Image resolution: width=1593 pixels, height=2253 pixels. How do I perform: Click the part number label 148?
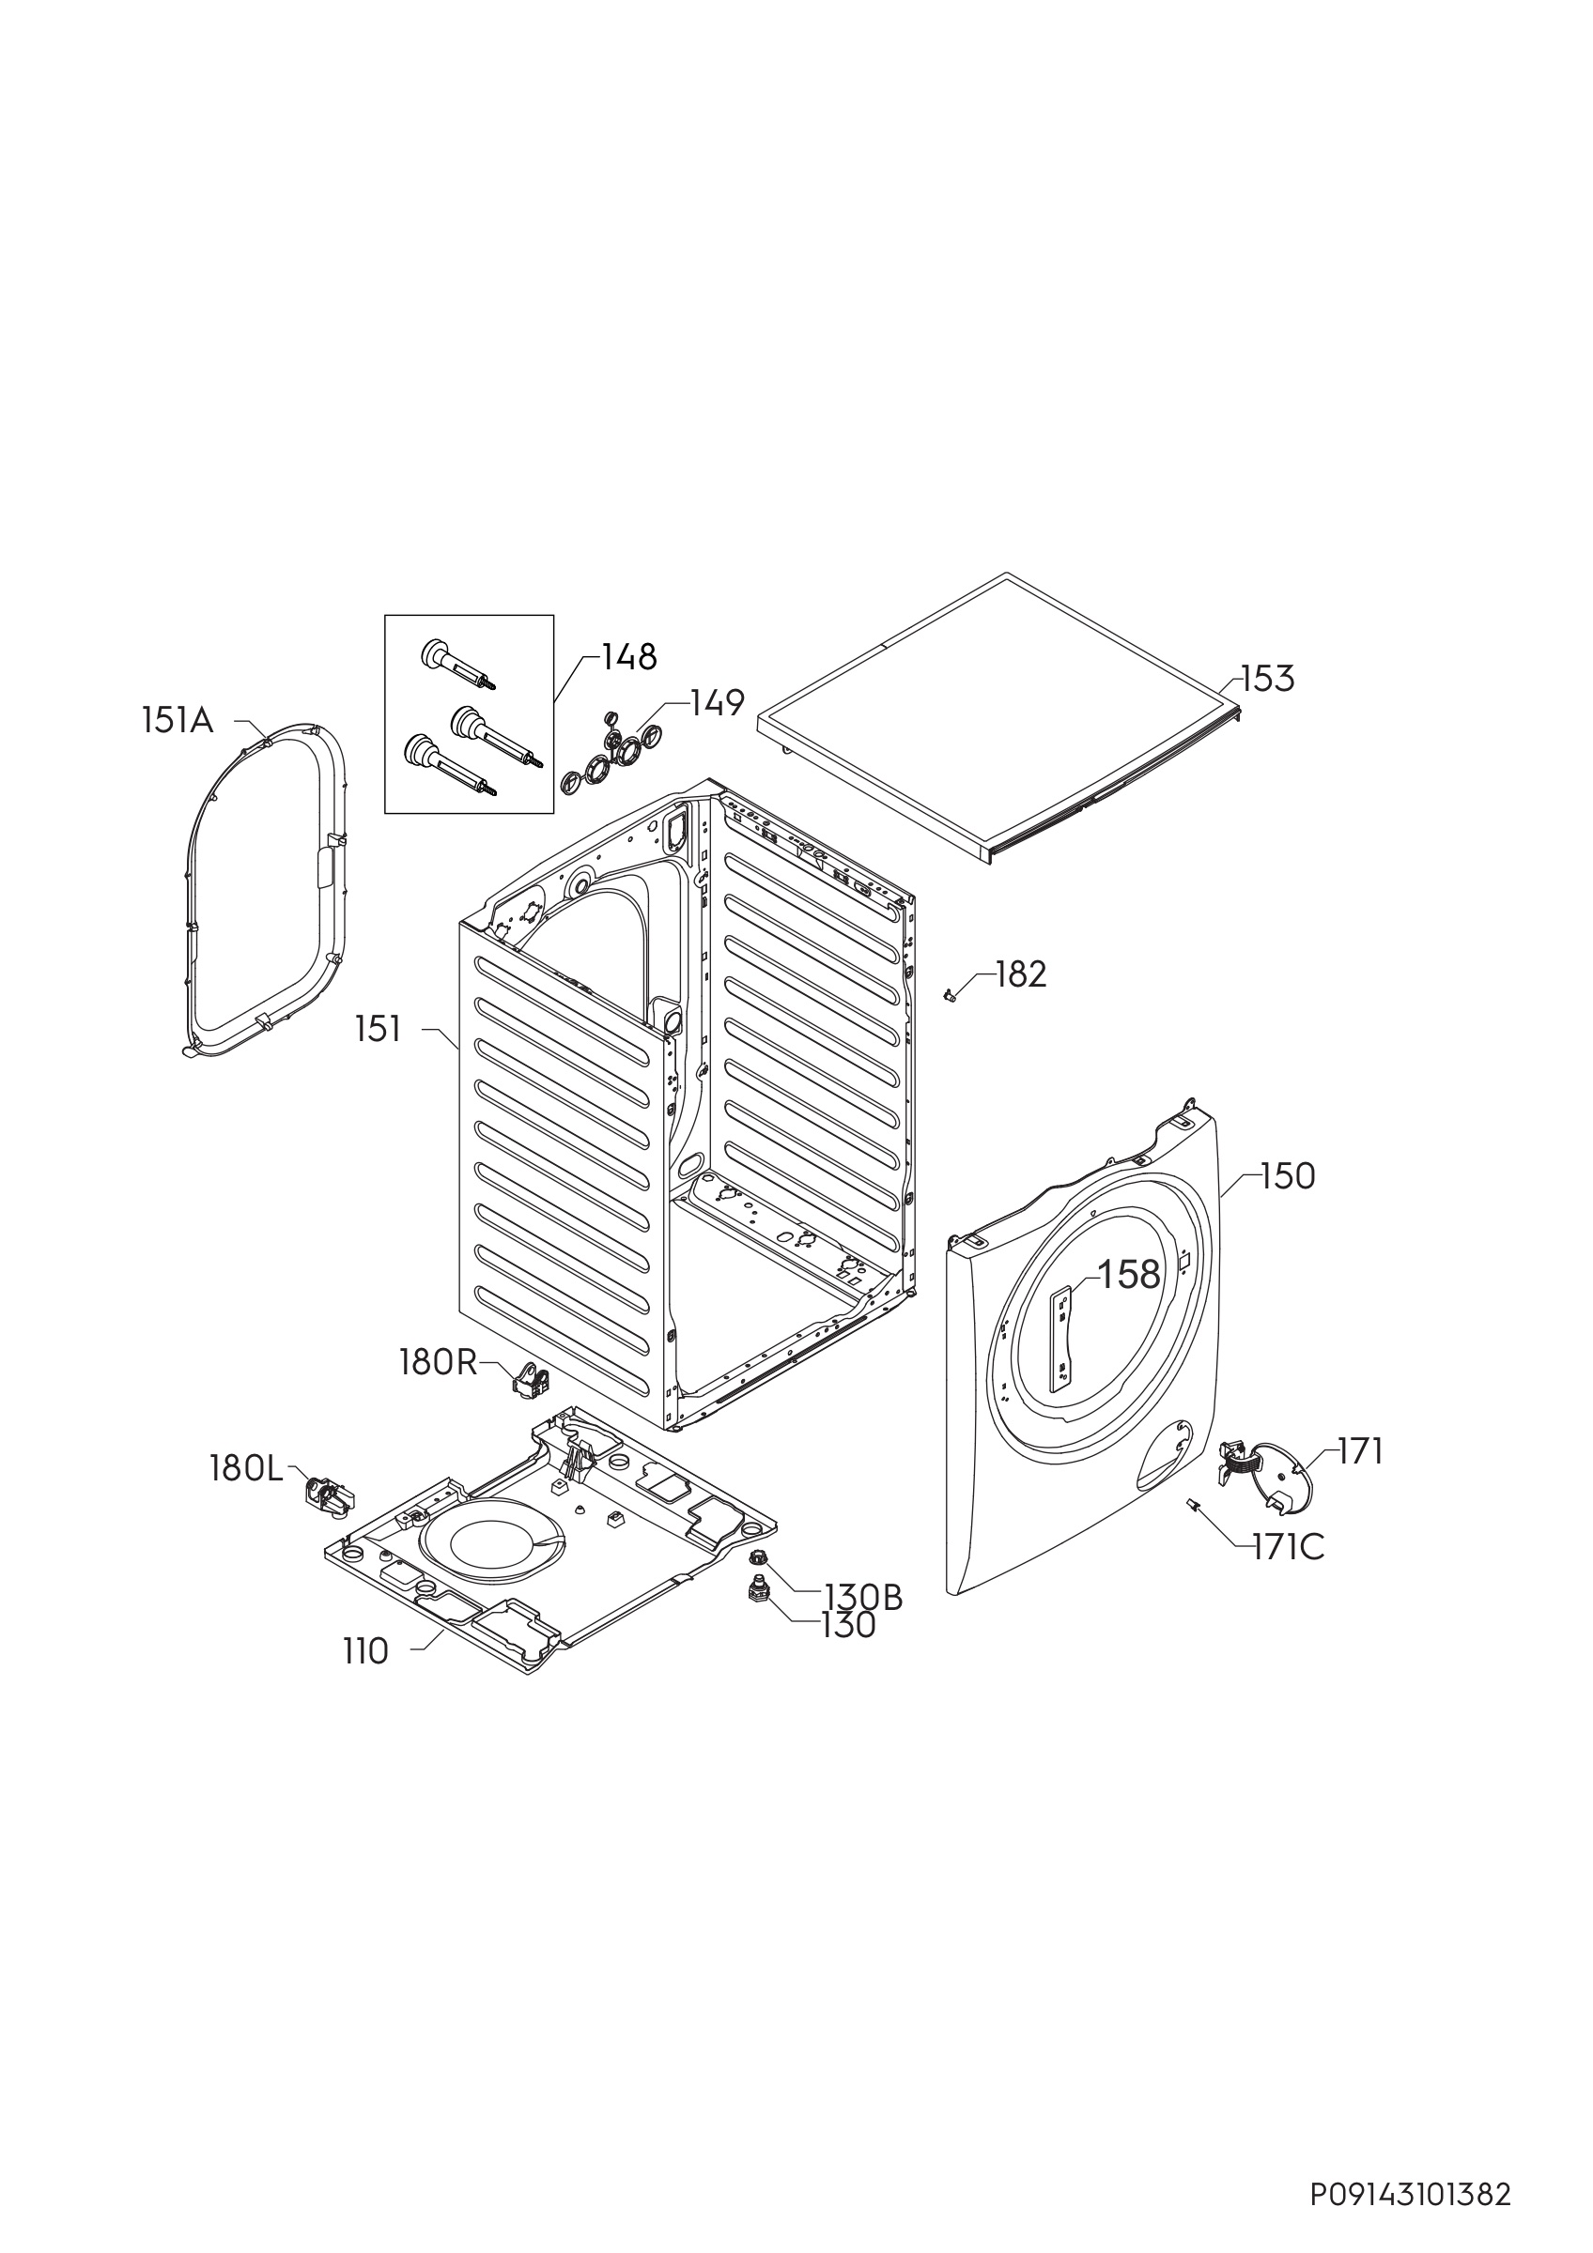[629, 657]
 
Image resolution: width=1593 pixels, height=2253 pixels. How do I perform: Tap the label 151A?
[177, 722]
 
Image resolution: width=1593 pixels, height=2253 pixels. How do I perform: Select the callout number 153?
[1268, 679]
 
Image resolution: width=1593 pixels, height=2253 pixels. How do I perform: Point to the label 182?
[1021, 974]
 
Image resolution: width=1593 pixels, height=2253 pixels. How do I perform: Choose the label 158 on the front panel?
[1129, 1275]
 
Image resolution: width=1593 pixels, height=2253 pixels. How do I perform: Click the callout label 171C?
[1288, 1547]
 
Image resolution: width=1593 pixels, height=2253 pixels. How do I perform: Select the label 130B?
[864, 1598]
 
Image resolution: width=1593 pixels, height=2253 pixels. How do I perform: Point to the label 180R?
[438, 1362]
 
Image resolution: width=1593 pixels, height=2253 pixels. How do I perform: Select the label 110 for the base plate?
[366, 1652]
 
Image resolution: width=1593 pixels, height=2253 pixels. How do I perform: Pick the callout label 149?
[718, 702]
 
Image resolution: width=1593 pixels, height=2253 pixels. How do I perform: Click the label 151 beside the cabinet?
[379, 1030]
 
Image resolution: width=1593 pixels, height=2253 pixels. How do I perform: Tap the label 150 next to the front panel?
[1288, 1175]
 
